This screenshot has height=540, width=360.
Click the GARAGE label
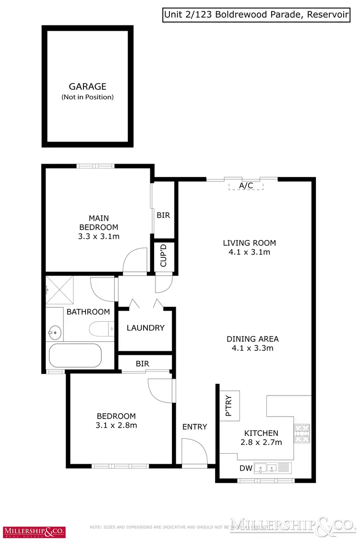87,87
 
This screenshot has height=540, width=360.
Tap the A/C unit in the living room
246,186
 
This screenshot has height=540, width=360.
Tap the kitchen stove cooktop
302,433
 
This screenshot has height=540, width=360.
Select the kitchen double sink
266,467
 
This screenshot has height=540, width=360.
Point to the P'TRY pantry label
229,406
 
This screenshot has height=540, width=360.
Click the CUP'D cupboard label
163,255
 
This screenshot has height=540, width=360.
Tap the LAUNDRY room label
145,328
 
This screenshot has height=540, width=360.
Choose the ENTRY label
194,427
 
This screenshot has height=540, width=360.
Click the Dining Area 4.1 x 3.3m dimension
252,348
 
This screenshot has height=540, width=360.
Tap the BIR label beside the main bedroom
163,216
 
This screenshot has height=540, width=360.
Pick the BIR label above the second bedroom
143,364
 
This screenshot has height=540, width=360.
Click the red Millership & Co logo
35,531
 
